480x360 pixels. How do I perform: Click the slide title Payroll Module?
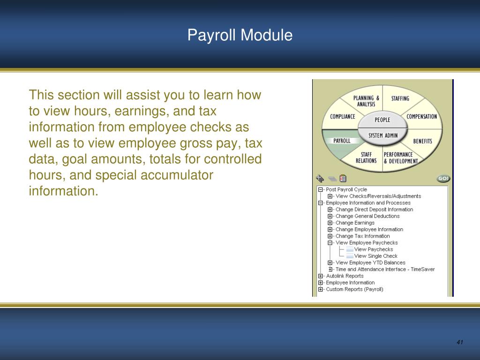pyautogui.click(x=240, y=35)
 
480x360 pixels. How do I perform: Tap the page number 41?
pyautogui.click(x=459, y=342)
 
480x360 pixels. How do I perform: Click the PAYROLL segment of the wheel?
pyautogui.click(x=342, y=141)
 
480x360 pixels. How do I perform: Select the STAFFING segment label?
pyautogui.click(x=400, y=98)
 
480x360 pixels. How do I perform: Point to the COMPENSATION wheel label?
pyautogui.click(x=421, y=117)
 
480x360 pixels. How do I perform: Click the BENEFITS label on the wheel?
pyautogui.click(x=422, y=141)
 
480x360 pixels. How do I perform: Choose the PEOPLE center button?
pyautogui.click(x=382, y=120)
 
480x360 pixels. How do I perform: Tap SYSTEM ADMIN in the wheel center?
pyautogui.click(x=382, y=135)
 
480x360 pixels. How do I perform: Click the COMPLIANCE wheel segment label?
pyautogui.click(x=342, y=117)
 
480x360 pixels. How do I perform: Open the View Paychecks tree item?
pyautogui.click(x=373, y=249)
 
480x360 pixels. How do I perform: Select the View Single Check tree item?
pyautogui.click(x=375, y=256)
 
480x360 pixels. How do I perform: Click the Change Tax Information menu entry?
pyautogui.click(x=362, y=236)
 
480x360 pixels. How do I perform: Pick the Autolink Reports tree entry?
pyautogui.click(x=345, y=276)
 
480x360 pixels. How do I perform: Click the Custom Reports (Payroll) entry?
pyautogui.click(x=354, y=289)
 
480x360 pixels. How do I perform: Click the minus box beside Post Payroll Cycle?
pyautogui.click(x=321, y=190)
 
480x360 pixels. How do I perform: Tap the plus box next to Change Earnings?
pyautogui.click(x=330, y=223)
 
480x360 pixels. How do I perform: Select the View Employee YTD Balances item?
pyautogui.click(x=370, y=263)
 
